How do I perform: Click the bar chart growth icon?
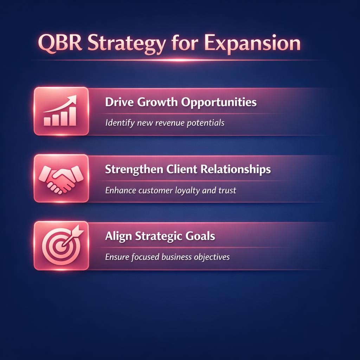(x=60, y=111)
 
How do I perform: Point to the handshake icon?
(x=60, y=178)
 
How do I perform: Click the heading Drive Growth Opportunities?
(x=181, y=102)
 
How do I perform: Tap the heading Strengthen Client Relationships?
(x=188, y=169)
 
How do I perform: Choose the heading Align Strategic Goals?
(x=160, y=236)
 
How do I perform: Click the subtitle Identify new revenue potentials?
(x=165, y=123)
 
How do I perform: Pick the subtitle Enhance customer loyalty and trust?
(x=171, y=191)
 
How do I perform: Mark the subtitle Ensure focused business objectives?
(x=167, y=257)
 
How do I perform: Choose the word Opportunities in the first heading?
(x=222, y=103)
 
